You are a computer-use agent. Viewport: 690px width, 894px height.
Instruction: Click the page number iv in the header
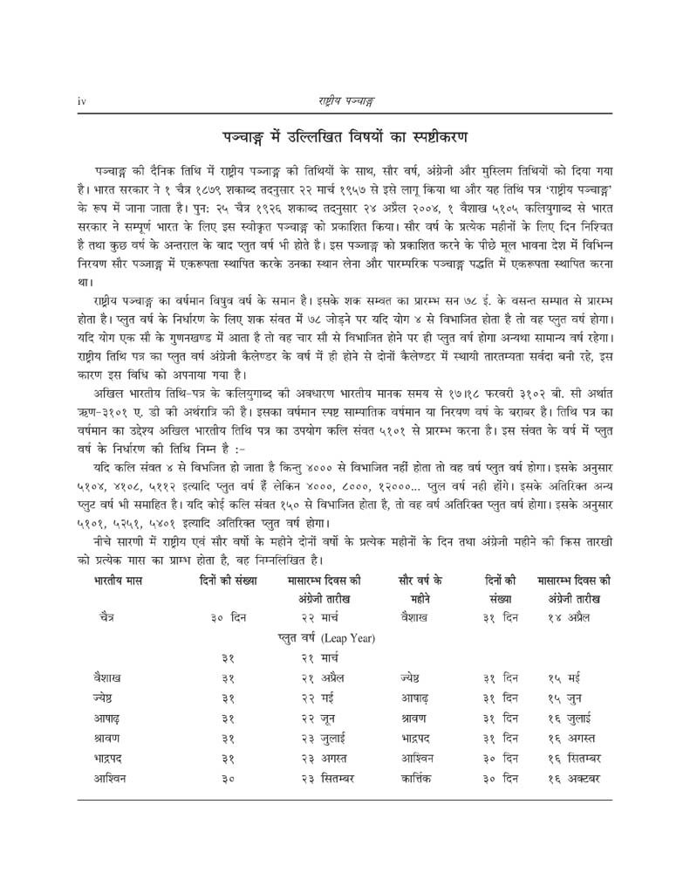(x=81, y=101)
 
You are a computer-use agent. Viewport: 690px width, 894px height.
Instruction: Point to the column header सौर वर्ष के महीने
(x=420, y=588)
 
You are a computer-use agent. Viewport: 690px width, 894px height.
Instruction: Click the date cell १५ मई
(x=565, y=677)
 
